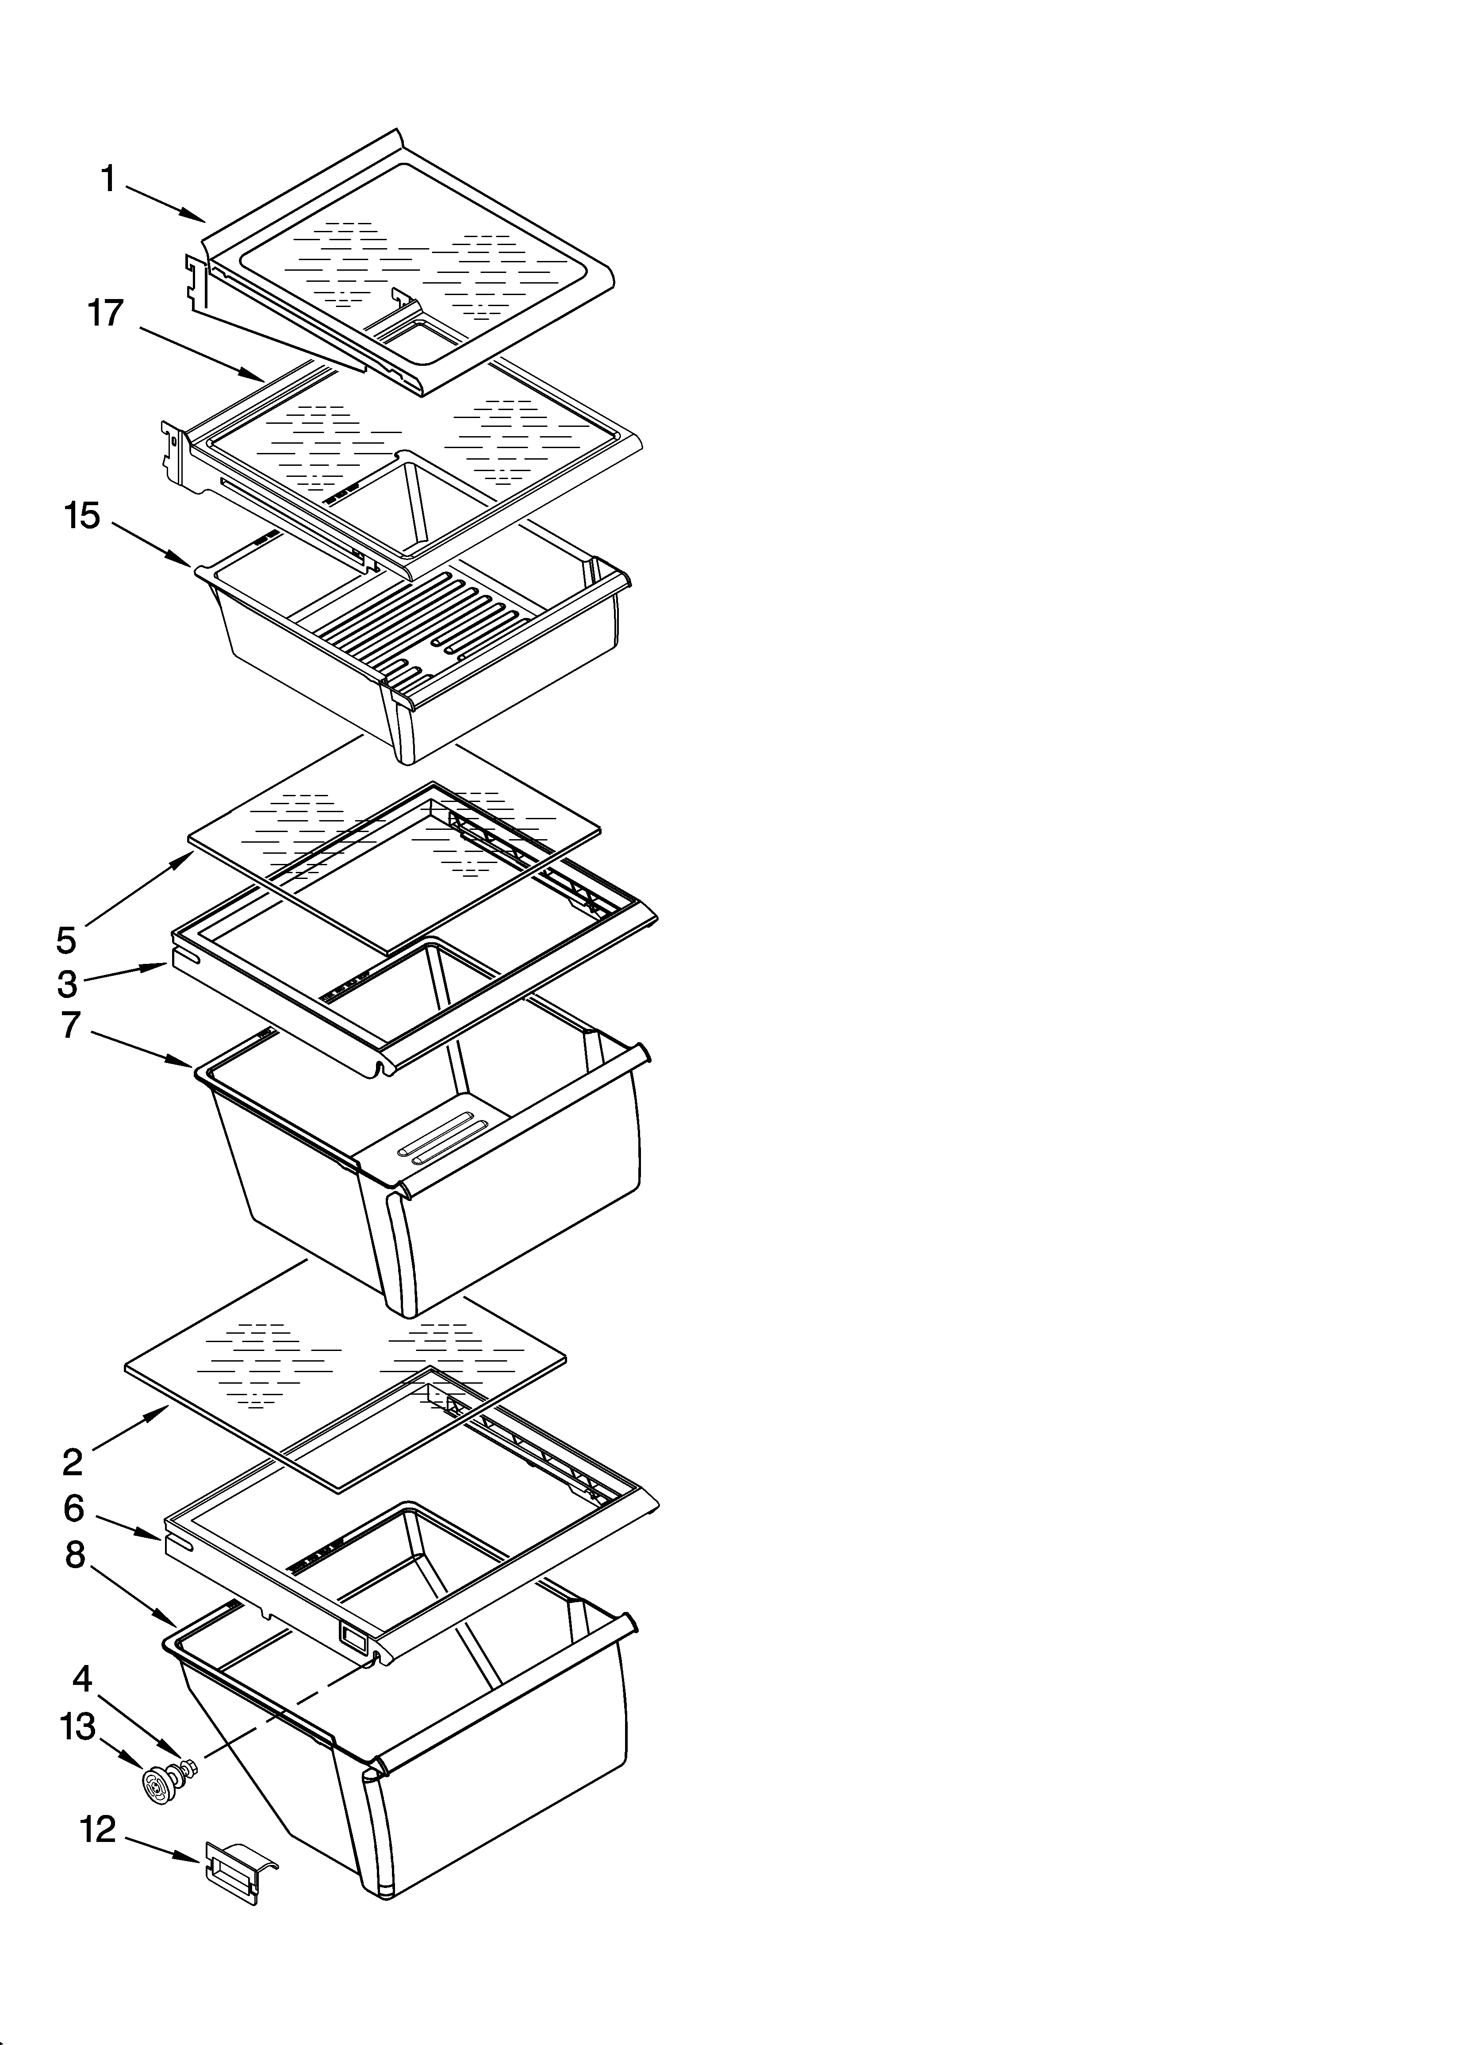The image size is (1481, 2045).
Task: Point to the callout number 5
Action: click(x=66, y=940)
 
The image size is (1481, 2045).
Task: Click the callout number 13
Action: click(x=77, y=1727)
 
